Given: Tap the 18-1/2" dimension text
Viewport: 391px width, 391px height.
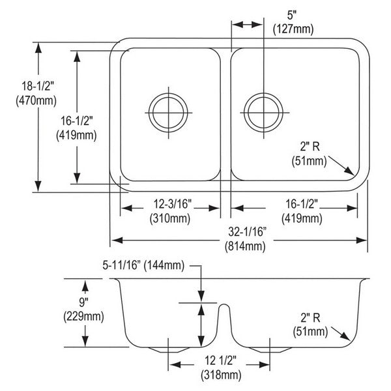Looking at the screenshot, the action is click(x=38, y=86).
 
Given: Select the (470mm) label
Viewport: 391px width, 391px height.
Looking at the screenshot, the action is click(x=36, y=100).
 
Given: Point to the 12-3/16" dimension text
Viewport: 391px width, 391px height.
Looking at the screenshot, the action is click(x=172, y=204).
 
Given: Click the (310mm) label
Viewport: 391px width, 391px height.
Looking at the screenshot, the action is click(x=170, y=218).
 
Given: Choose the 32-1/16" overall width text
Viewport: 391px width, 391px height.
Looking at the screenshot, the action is click(x=247, y=232).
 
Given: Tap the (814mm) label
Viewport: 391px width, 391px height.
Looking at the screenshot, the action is click(x=245, y=246).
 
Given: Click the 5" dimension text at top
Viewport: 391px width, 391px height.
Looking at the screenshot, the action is click(x=291, y=15).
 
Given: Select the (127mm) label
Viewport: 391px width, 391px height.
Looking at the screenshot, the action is click(x=293, y=29).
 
